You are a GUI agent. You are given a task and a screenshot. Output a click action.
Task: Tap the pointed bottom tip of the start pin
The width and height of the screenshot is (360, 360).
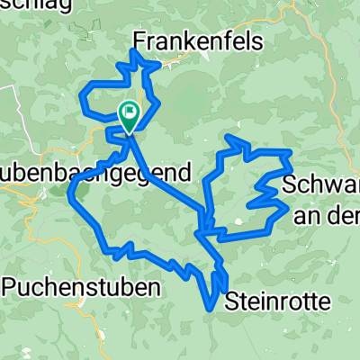click(x=128, y=131)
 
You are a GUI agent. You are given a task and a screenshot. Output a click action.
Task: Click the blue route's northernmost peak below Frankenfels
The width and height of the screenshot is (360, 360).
click(x=134, y=53)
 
